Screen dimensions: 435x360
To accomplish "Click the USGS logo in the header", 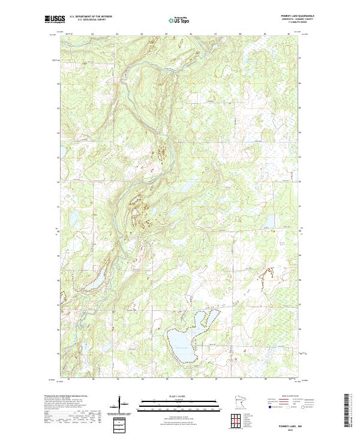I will pos(55,20).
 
